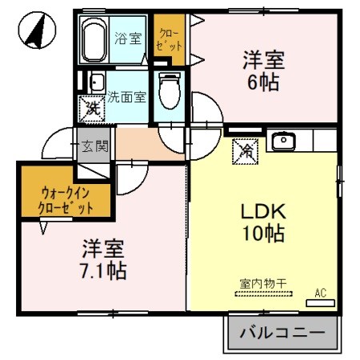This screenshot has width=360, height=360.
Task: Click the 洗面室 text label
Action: click(126, 97)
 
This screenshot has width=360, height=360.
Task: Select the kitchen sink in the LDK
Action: click(283, 142)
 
